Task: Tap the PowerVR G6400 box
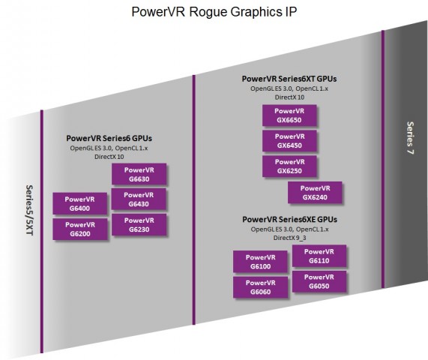[79, 203]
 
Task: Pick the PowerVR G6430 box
[139, 199]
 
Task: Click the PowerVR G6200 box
[79, 229]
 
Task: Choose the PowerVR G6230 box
[139, 224]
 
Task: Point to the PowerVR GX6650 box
[289, 115]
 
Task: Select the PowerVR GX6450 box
[289, 141]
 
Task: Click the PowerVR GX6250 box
[289, 166]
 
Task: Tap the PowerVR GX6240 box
[315, 193]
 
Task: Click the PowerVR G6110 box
[319, 256]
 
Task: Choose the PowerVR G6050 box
[319, 281]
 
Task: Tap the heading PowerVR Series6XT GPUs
[289, 79]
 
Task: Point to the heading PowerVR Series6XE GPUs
[289, 219]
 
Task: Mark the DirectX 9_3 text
[289, 237]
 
